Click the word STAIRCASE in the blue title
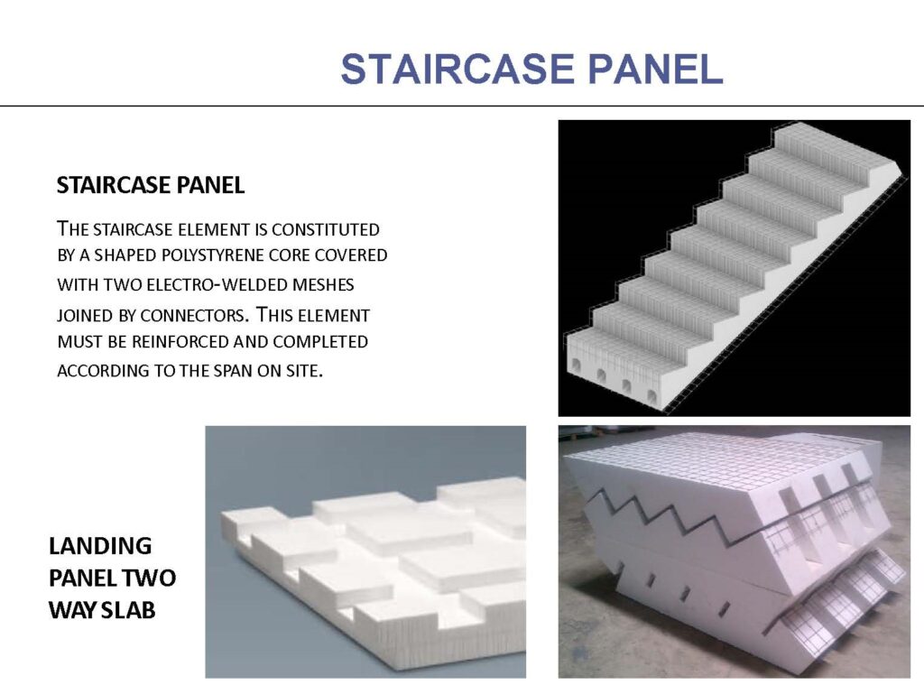[x=457, y=69]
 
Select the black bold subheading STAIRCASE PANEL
[x=151, y=185]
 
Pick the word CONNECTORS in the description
[x=192, y=315]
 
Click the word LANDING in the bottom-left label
[x=100, y=546]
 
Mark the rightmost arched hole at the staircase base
[x=652, y=396]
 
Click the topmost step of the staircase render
[x=836, y=143]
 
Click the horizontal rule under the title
[x=462, y=106]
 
